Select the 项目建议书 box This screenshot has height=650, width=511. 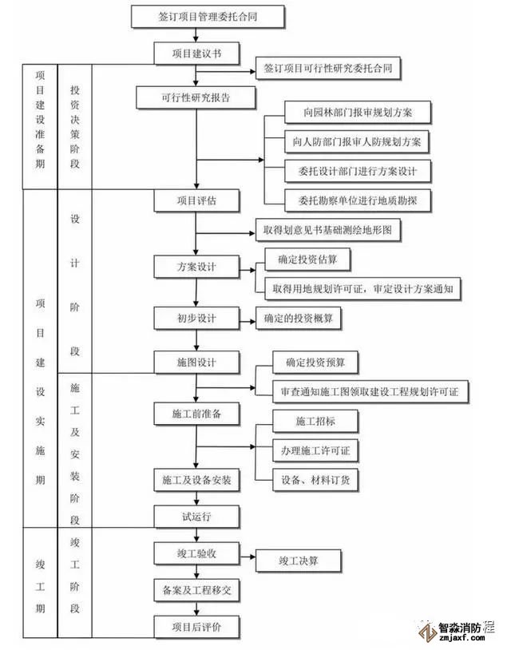(x=196, y=54)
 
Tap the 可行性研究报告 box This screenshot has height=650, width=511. (x=196, y=98)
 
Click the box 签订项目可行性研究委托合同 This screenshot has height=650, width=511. (x=327, y=69)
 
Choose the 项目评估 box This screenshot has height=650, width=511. (x=196, y=200)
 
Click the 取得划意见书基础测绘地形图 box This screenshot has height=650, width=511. (x=327, y=230)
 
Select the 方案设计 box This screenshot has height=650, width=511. (x=196, y=266)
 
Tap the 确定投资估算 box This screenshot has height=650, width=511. (x=307, y=260)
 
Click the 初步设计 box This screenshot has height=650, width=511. (x=196, y=318)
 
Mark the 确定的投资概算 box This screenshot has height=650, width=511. (x=299, y=319)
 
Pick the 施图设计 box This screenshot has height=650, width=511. (x=196, y=362)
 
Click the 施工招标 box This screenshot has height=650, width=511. (x=315, y=420)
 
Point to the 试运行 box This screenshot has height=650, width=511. (x=196, y=516)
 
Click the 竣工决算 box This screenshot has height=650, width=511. (x=298, y=560)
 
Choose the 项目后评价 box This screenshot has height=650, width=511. (x=196, y=626)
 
